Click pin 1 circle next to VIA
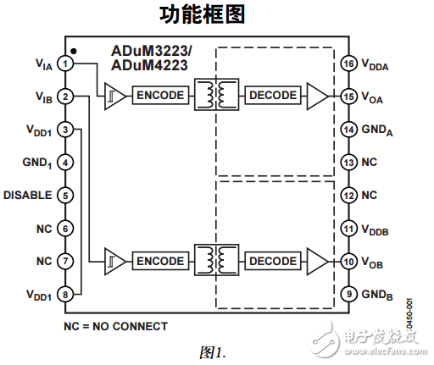(x=65, y=64)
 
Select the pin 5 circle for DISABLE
(x=65, y=195)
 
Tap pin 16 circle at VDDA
(x=348, y=64)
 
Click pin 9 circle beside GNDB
(x=348, y=294)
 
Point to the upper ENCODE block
(x=159, y=95)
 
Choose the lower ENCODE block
(x=159, y=261)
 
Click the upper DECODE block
(x=273, y=95)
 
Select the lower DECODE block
(x=273, y=261)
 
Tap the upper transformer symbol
(x=216, y=95)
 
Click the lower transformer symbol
(x=216, y=260)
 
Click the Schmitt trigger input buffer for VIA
(x=114, y=95)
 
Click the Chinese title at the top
(x=215, y=15)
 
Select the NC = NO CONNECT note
(x=115, y=326)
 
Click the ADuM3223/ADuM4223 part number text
(x=152, y=58)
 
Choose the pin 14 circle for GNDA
(x=348, y=130)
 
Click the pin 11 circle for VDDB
(x=348, y=229)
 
